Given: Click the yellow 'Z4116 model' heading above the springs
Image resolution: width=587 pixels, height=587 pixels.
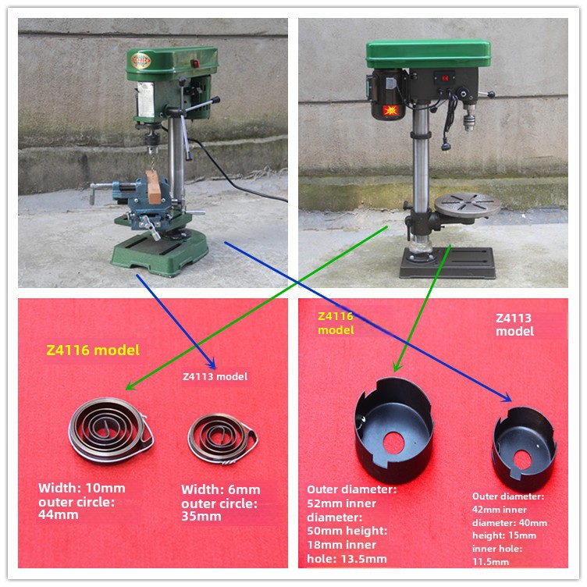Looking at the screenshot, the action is tap(93, 350).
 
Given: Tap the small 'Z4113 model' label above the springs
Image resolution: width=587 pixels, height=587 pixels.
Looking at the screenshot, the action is tap(215, 376).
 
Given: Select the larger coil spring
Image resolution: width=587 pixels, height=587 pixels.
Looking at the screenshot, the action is tap(111, 431).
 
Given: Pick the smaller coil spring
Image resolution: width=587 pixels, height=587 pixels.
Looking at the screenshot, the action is tap(222, 439).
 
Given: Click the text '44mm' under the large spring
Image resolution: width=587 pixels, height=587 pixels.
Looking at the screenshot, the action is tap(58, 515).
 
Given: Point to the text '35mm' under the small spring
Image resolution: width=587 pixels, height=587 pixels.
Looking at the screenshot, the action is tap(201, 517).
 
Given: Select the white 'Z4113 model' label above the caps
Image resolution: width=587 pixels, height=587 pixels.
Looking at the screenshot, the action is tap(514, 325).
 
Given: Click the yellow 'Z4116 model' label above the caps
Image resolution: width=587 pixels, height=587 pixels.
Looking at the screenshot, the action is tap(336, 323).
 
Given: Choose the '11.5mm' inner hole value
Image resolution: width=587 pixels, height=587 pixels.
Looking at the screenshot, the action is tap(490, 561).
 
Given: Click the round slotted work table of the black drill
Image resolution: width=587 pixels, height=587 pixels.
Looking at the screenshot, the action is tap(468, 204).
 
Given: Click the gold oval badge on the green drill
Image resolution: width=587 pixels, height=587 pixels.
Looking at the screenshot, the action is tap(141, 61).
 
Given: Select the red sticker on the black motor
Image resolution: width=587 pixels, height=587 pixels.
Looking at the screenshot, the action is tap(390, 110).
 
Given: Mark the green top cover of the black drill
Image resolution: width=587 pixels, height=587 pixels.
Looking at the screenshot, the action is tap(429, 54).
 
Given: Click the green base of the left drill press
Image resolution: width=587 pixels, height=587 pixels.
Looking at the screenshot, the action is tap(160, 253).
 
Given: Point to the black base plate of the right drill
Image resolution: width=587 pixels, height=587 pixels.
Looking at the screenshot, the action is tap(448, 263).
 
